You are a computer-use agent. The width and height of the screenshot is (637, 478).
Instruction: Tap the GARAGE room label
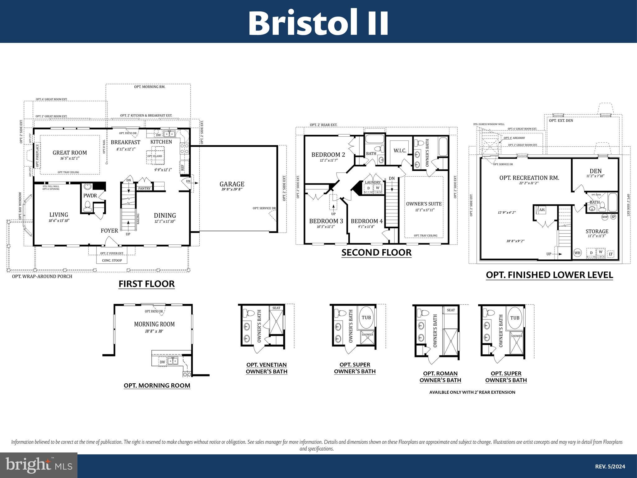(x=232, y=184)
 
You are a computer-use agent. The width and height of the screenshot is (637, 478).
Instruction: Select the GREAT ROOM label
(x=70, y=153)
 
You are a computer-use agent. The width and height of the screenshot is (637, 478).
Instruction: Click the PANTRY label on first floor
(x=144, y=188)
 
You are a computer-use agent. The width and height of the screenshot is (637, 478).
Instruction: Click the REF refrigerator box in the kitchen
(x=183, y=168)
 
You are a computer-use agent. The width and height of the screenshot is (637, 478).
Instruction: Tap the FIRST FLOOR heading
(x=146, y=284)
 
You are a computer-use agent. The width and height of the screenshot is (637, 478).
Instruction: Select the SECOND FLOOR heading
(x=376, y=252)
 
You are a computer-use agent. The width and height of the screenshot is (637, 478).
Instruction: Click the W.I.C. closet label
(x=400, y=151)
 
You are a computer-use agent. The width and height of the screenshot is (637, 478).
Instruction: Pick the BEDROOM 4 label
(x=367, y=221)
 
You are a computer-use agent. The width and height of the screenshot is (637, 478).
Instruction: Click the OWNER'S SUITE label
(x=424, y=204)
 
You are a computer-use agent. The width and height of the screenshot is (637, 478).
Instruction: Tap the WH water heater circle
(x=577, y=253)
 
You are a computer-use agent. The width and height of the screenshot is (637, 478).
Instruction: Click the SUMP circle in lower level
(x=605, y=217)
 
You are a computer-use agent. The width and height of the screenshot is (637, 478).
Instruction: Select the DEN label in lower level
(x=595, y=171)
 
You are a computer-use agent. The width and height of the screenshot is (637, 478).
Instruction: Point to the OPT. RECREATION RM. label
(x=529, y=178)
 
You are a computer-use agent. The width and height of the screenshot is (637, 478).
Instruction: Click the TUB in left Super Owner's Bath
(x=366, y=318)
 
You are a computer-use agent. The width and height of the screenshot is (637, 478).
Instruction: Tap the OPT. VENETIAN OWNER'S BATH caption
(x=267, y=368)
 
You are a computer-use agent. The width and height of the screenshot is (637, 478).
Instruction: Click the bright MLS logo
(x=39, y=465)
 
